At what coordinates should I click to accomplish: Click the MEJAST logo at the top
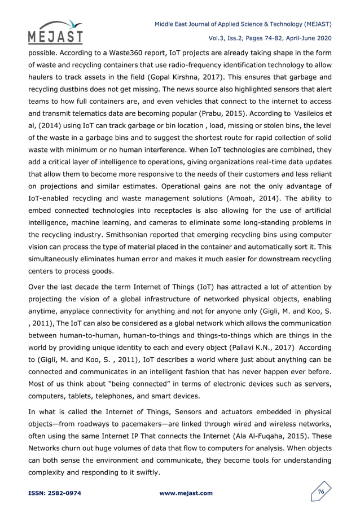(x=54, y=32)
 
